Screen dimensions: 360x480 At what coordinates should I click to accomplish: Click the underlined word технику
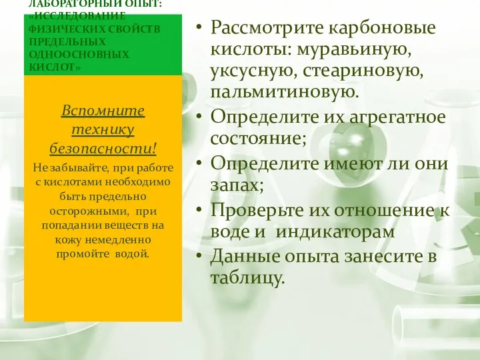point(103,128)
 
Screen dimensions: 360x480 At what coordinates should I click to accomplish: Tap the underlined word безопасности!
point(103,147)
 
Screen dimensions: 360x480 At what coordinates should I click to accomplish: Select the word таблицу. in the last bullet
point(247,277)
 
